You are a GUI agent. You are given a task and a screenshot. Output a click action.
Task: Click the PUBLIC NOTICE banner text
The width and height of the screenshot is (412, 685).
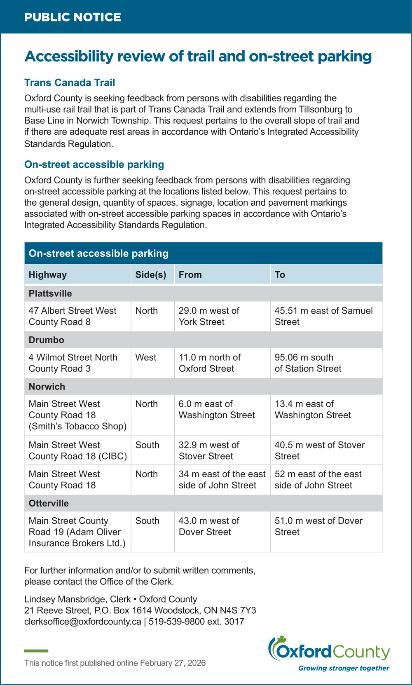pyautogui.click(x=73, y=17)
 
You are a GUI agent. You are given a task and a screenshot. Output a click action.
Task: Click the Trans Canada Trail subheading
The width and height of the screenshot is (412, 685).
pyautogui.click(x=70, y=82)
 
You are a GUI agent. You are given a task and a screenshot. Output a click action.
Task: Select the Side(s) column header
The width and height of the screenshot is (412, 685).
pyautogui.click(x=151, y=274)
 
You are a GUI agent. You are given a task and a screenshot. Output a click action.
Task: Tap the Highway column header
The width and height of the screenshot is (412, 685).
pyautogui.click(x=48, y=274)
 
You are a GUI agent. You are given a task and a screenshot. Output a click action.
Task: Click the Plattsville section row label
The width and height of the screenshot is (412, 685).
pyautogui.click(x=50, y=293)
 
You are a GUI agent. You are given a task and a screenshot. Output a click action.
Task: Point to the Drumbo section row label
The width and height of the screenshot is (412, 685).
pyautogui.click(x=47, y=340)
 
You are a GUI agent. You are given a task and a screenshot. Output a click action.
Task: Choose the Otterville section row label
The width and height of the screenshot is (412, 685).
pyautogui.click(x=49, y=503)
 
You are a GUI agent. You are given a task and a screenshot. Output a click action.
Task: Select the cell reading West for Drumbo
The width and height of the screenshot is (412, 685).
pyautogui.click(x=146, y=357)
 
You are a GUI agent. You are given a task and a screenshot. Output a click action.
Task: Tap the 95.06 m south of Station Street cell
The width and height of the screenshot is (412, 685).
pyautogui.click(x=308, y=363)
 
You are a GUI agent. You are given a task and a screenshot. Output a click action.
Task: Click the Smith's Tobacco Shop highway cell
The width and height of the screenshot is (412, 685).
pyautogui.click(x=77, y=415)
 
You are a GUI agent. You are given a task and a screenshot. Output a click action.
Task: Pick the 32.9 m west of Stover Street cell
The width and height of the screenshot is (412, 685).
pyautogui.click(x=209, y=450)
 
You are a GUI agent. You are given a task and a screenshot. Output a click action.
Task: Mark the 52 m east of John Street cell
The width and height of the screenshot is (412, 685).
pyautogui.click(x=318, y=479)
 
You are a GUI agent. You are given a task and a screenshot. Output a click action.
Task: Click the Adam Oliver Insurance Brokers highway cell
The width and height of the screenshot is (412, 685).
pyautogui.click(x=77, y=532)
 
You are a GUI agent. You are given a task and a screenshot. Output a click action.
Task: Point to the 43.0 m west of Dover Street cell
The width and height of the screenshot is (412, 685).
pyautogui.click(x=209, y=526)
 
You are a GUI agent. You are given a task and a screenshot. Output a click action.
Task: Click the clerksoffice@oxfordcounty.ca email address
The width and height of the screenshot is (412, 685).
pyautogui.click(x=82, y=622)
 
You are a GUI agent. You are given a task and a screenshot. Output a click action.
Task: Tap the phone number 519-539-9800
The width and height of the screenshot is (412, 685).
pyautogui.click(x=177, y=622)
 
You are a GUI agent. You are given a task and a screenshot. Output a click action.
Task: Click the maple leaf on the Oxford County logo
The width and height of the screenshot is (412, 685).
pyautogui.click(x=281, y=640)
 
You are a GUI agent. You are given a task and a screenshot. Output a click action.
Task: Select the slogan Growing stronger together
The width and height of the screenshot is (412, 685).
pyautogui.click(x=344, y=668)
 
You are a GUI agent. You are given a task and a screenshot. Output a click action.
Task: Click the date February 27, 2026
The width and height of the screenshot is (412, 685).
pyautogui.click(x=173, y=663)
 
